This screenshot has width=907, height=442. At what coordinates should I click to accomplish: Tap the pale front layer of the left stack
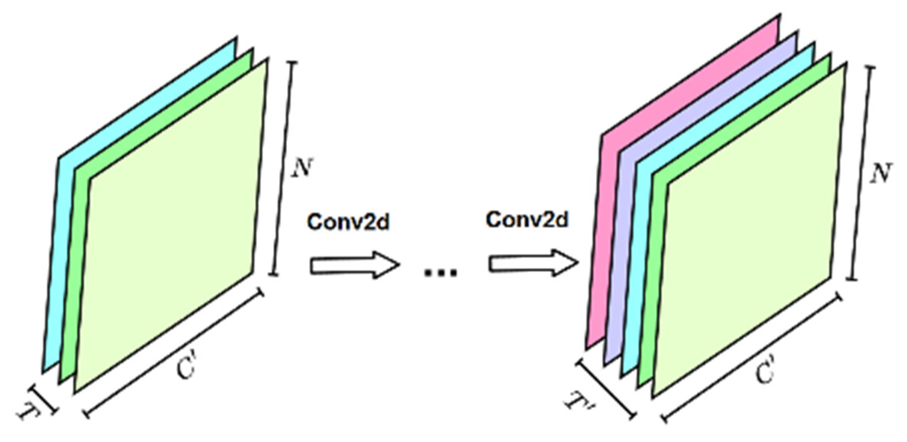tap(172, 225)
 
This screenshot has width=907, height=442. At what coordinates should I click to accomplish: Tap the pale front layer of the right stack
tap(753, 229)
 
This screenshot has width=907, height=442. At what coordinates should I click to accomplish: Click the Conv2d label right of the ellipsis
tap(527, 220)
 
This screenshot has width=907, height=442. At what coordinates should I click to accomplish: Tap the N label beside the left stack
tap(302, 168)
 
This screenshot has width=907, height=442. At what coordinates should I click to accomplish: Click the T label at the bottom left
tap(29, 413)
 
